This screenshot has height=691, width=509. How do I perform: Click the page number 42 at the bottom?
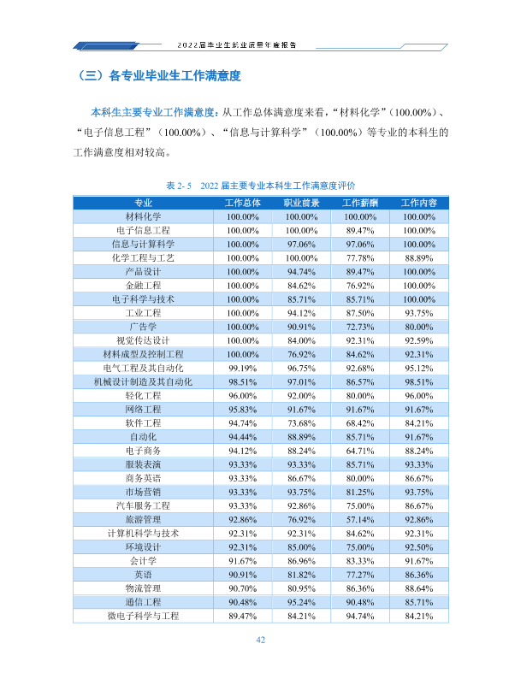260,640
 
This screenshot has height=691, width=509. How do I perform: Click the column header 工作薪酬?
360,203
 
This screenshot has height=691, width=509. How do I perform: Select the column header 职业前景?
301,203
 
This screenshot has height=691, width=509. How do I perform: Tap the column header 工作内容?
418,203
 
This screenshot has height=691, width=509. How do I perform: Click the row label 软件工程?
143,423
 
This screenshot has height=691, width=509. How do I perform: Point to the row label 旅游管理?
143,520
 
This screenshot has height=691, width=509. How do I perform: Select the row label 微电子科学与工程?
143,616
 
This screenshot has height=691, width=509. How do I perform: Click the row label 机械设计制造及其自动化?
143,381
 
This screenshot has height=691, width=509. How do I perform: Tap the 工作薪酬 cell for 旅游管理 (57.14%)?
360,520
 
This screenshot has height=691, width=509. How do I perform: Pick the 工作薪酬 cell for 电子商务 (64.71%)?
360,451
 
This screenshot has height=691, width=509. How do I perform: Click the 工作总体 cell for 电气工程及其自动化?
242,368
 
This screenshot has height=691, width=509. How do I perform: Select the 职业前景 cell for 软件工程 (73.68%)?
301,423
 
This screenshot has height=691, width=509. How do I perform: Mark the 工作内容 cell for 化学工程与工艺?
418,257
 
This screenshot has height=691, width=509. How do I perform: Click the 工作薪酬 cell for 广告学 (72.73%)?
360,327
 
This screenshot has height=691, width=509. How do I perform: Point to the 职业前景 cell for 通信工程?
301,602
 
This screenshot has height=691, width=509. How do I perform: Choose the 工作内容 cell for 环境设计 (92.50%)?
418,546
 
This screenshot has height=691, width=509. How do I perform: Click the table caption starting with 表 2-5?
260,186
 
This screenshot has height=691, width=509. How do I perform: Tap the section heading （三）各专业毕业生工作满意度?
159,76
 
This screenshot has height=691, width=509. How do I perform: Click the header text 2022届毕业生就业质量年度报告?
237,45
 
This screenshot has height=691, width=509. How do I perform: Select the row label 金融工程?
143,286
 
